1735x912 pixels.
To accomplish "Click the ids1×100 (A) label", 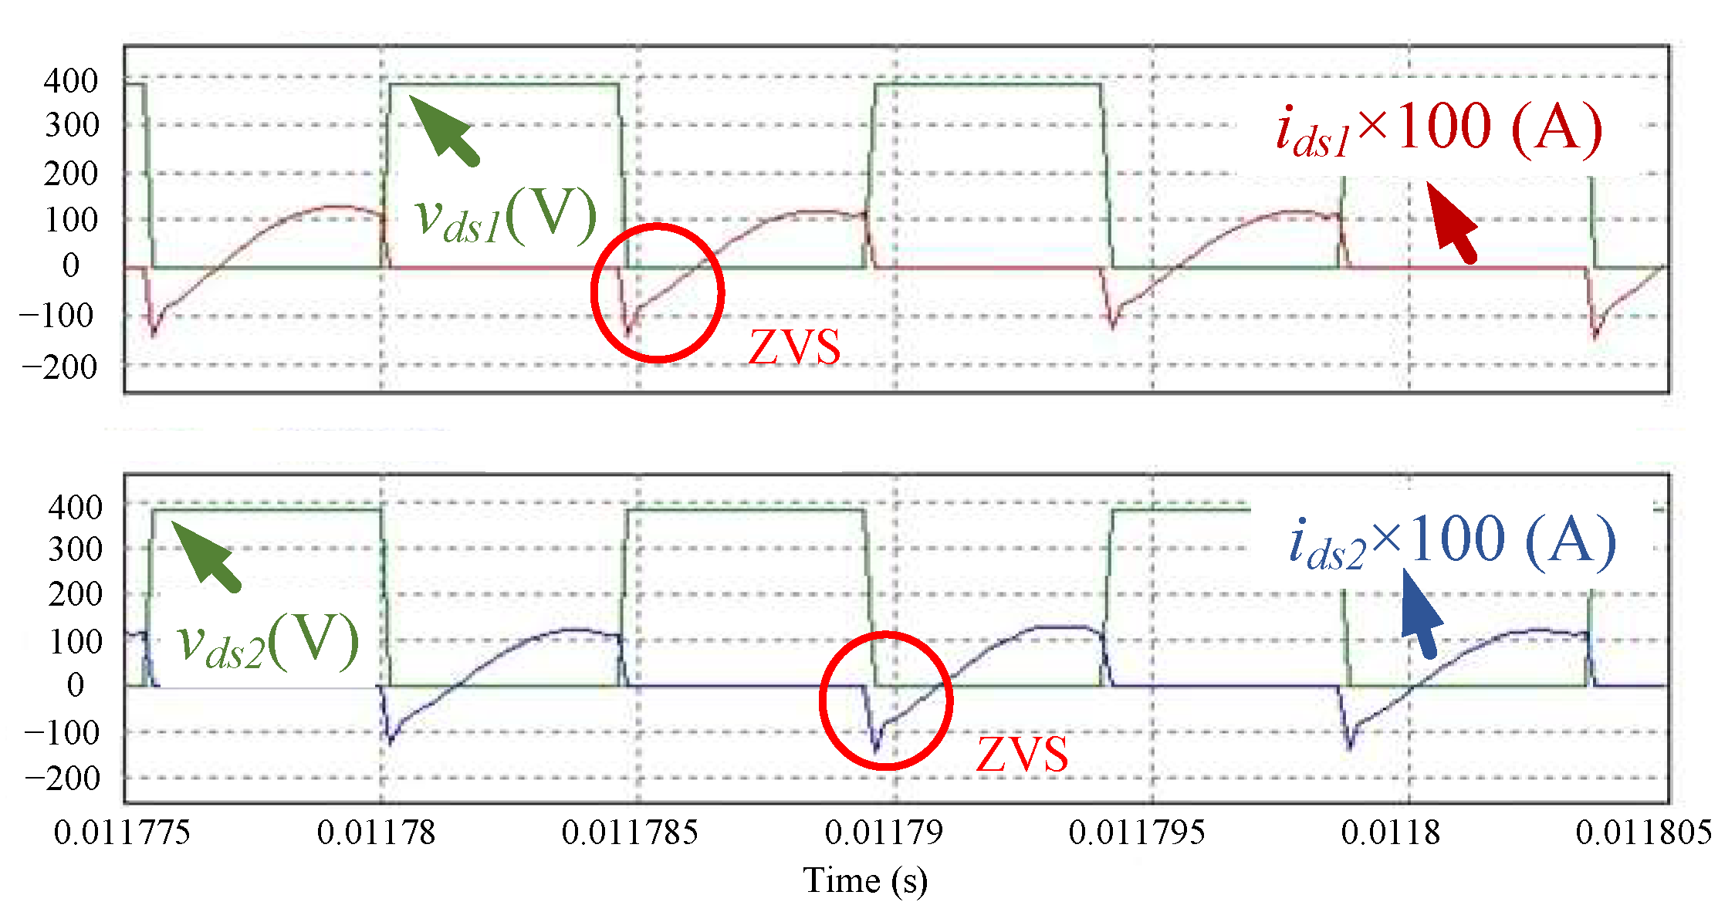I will [1439, 130].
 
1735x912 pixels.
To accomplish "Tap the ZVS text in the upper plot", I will [794, 348].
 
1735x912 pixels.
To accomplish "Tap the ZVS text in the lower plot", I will [1022, 755].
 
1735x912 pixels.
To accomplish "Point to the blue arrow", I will [1420, 613].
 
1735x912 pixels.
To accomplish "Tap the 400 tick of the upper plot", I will [71, 81].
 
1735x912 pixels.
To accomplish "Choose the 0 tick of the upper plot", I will [71, 266].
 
